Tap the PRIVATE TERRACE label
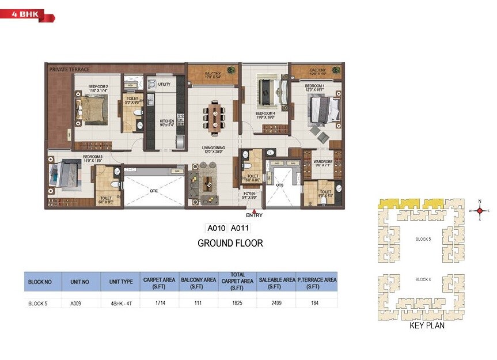pyautogui.click(x=69, y=69)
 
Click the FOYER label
pyautogui.click(x=249, y=195)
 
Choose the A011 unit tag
pyautogui.click(x=240, y=228)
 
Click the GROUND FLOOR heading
pyautogui.click(x=230, y=243)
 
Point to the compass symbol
pyautogui.click(x=479, y=211)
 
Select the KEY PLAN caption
pyautogui.click(x=427, y=325)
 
